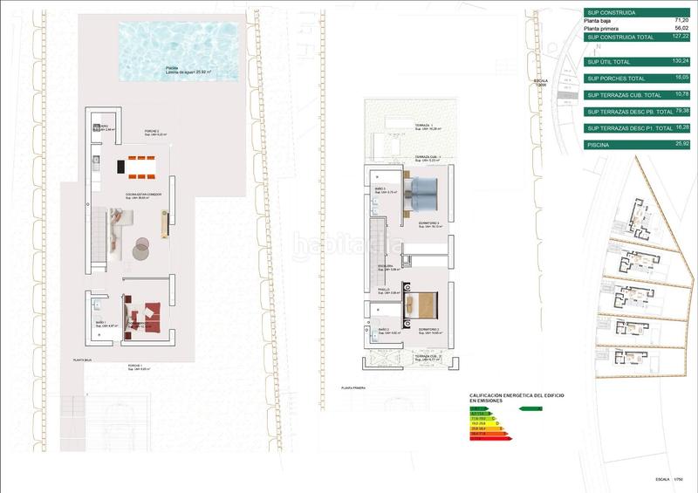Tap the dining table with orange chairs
coord(137,163)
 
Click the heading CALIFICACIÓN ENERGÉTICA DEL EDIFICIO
coord(517,394)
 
